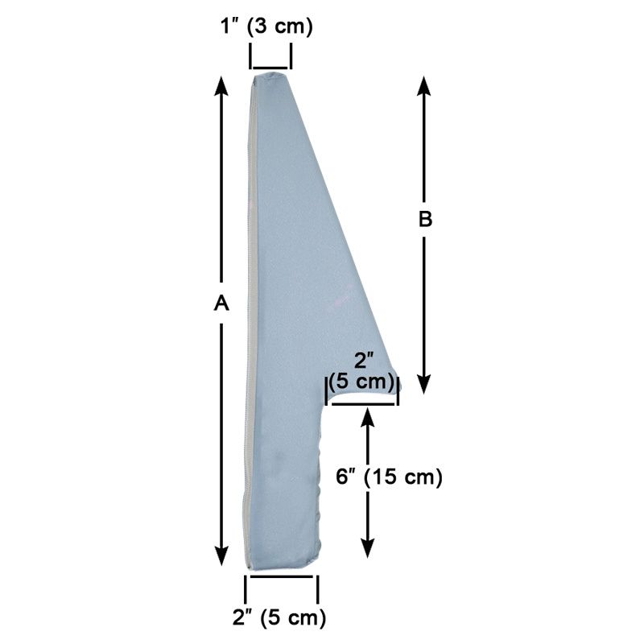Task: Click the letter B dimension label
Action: coord(426,220)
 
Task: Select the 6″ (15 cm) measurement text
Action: coord(390,477)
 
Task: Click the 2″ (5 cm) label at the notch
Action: coord(364,373)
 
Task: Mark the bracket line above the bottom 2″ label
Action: coord(282,576)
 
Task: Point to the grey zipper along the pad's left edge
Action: coord(249,322)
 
